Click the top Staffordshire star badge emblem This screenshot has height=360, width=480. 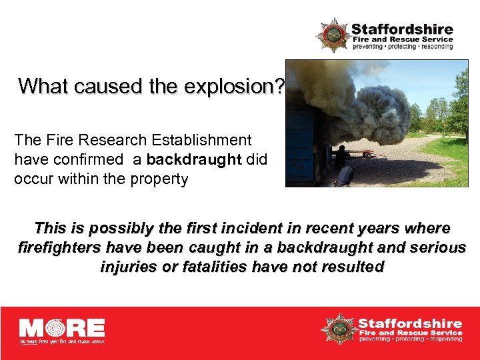pos(333,35)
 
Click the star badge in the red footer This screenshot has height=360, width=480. pos(338,329)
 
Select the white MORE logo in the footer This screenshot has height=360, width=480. pos(62,330)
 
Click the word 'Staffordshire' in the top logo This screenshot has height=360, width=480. pos(402,29)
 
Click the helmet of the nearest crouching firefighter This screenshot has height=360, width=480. pos(346,174)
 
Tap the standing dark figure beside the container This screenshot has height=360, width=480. pos(341,156)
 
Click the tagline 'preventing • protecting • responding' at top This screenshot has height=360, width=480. pos(402,47)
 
